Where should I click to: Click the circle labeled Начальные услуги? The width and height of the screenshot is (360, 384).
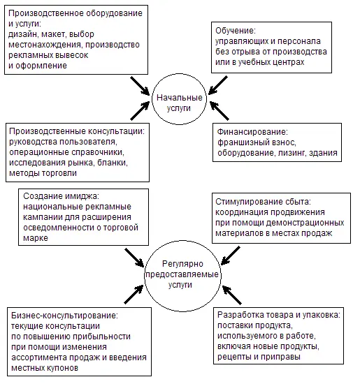point(152,99)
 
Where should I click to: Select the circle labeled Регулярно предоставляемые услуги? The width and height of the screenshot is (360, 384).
point(145,276)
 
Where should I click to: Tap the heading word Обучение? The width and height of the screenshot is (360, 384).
point(236,31)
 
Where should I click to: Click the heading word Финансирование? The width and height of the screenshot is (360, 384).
point(252,132)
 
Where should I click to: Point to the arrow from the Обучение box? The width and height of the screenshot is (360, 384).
point(218,85)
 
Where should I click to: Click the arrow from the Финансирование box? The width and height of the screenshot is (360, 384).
point(219,111)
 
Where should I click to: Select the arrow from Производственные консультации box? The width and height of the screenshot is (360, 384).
point(140,111)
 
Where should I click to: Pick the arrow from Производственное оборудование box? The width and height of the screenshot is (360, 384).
point(140,86)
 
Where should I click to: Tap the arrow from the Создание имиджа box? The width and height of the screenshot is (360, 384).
point(134,258)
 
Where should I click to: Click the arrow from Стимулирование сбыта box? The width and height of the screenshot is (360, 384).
point(231,256)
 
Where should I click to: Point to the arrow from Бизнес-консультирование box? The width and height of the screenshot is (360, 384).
point(134,294)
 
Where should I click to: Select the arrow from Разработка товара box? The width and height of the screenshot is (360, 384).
point(232,295)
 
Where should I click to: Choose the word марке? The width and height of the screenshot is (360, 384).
point(36,238)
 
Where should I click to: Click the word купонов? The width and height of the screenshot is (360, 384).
point(62,368)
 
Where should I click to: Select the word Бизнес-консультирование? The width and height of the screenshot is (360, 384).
point(65,315)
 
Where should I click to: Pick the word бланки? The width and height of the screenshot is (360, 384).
point(113,163)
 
